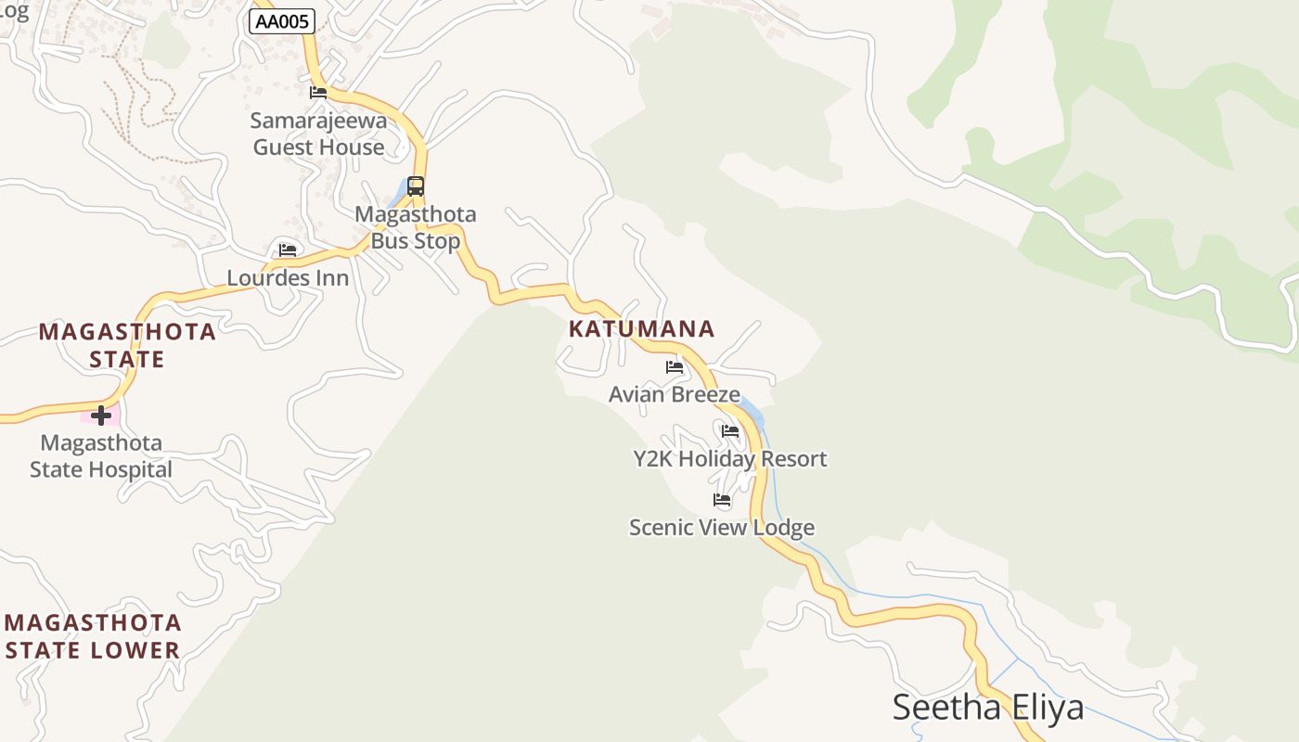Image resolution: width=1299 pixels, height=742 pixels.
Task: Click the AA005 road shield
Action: click(x=282, y=21)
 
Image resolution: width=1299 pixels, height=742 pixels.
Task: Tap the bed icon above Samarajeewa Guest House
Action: click(x=318, y=92)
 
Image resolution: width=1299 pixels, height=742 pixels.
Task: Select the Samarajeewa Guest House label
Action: click(x=318, y=134)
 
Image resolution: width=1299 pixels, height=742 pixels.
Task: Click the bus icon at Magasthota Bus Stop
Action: click(x=416, y=185)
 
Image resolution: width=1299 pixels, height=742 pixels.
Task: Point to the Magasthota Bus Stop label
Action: click(x=416, y=227)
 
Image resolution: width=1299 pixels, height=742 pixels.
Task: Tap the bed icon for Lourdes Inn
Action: click(x=288, y=249)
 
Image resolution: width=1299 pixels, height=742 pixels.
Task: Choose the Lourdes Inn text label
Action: click(x=288, y=278)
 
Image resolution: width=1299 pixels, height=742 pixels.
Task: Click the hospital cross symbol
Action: click(x=101, y=415)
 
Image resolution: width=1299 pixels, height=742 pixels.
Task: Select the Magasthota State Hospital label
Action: click(x=101, y=455)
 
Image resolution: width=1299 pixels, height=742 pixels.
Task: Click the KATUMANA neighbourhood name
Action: click(x=642, y=328)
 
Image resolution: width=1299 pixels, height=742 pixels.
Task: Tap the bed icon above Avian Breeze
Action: click(x=675, y=367)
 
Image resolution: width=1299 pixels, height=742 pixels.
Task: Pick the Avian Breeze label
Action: click(x=675, y=394)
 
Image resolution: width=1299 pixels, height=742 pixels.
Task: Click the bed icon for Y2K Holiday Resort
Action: click(x=730, y=431)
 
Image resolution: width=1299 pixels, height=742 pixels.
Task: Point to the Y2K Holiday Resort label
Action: click(x=730, y=459)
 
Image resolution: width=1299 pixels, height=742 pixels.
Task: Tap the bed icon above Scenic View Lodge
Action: click(x=722, y=500)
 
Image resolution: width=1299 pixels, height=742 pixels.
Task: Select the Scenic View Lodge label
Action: click(x=722, y=528)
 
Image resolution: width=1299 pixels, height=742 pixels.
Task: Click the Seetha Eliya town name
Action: click(x=988, y=707)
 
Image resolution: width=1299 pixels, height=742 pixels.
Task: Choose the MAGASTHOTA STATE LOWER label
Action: click(x=93, y=635)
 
